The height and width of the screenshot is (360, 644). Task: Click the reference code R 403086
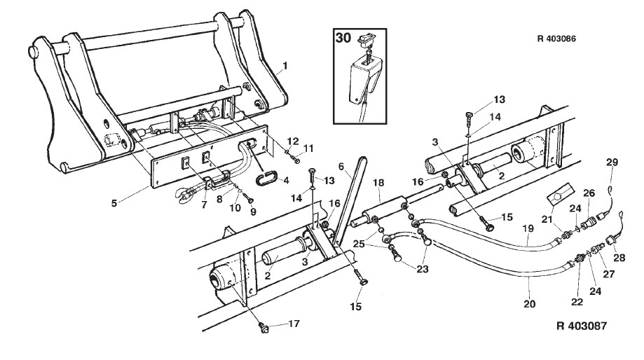556,39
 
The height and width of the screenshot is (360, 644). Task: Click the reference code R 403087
582,326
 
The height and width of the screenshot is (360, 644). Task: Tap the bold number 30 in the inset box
343,38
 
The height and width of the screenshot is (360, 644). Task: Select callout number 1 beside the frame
285,66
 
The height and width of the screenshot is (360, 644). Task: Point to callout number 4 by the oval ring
286,180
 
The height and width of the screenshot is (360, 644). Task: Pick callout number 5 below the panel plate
114,203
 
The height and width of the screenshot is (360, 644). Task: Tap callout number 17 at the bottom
294,324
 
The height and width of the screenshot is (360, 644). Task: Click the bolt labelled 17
264,328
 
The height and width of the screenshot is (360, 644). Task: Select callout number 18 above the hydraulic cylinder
378,182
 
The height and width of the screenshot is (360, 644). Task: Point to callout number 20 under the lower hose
530,304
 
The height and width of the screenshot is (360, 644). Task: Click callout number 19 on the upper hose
528,228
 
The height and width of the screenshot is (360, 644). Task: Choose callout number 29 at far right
612,162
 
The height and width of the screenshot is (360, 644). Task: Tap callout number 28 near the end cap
619,257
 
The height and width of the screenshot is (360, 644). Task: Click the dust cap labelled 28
611,239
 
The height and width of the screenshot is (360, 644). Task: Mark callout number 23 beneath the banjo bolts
423,269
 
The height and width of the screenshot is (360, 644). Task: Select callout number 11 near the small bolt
308,148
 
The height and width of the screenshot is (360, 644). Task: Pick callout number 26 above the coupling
589,193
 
